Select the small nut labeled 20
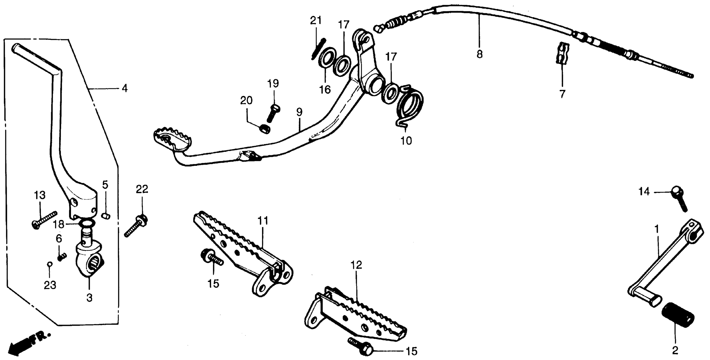coord(265,129)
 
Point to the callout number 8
coord(480,54)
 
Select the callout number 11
coord(263,221)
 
